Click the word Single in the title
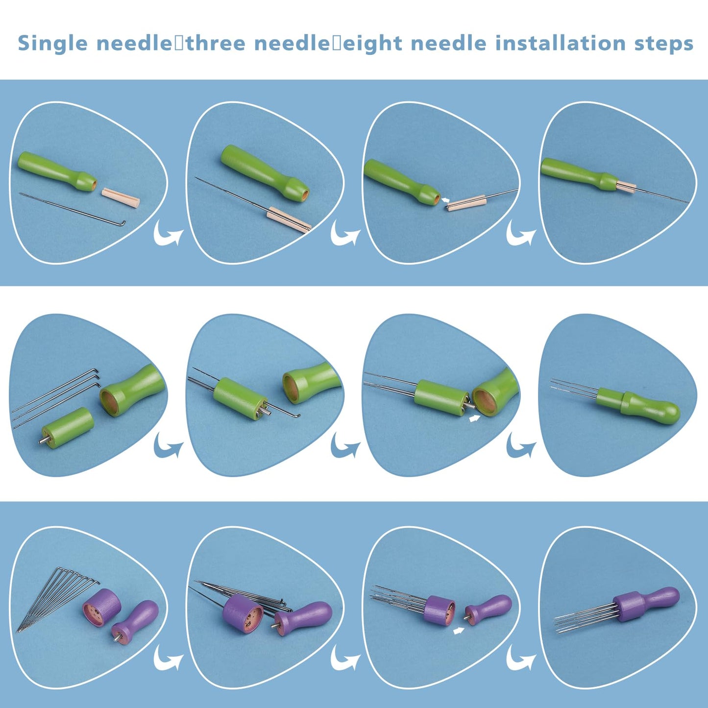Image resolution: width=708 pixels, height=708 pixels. tap(52, 43)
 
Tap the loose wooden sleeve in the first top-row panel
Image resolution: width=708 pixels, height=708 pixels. tap(121, 197)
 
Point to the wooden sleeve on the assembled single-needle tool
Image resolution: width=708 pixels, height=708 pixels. tap(626, 187)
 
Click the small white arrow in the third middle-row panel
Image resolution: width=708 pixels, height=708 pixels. tap(475, 418)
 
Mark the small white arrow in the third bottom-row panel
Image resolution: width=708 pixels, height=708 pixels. tap(459, 631)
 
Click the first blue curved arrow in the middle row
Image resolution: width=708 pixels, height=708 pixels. tap(168, 447)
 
